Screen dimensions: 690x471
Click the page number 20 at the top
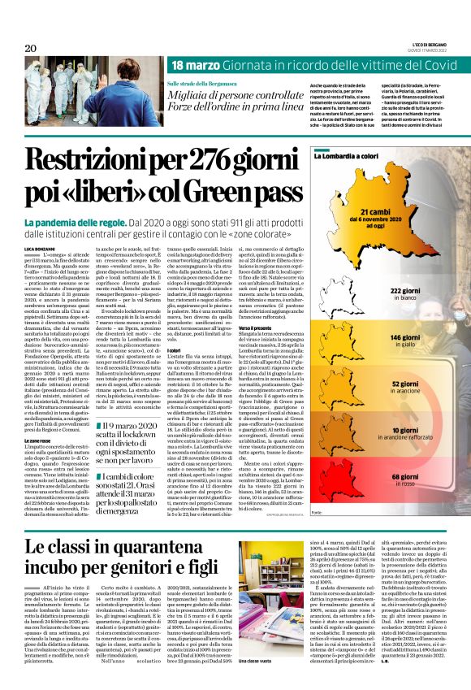(31, 49)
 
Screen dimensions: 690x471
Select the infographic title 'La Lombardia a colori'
(387, 163)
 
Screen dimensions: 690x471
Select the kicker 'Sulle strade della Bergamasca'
(205, 85)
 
